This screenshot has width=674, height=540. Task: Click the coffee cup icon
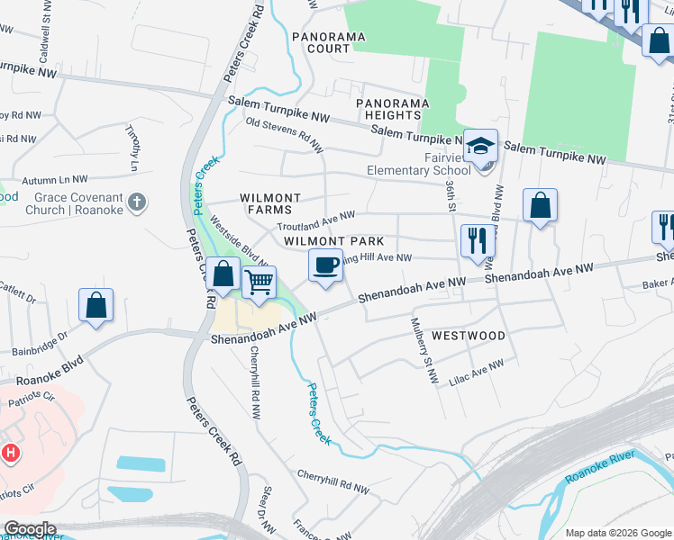click(326, 265)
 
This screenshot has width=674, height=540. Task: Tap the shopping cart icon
click(259, 283)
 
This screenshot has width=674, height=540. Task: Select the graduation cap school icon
click(481, 145)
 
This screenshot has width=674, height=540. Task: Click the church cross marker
click(136, 202)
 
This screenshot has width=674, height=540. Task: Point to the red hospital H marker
click(11, 453)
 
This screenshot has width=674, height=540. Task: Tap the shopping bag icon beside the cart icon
click(223, 274)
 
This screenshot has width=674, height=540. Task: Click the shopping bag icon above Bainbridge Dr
click(96, 304)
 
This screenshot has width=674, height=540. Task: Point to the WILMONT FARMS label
click(269, 203)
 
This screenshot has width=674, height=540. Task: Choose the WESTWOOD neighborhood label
click(468, 336)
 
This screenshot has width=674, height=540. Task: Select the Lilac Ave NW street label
click(475, 373)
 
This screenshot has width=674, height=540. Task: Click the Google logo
click(30, 529)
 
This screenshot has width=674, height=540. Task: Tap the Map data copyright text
click(617, 533)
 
